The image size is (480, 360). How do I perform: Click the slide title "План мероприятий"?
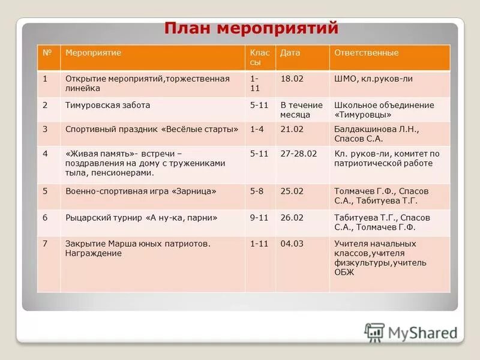pos(251,29)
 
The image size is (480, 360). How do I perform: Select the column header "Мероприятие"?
pos(93,53)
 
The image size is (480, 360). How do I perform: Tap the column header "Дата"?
pos(290,53)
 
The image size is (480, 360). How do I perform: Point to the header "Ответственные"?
pos(366,53)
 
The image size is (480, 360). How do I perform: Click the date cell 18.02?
pos(292,79)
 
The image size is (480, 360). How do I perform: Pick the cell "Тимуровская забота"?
pos(108,105)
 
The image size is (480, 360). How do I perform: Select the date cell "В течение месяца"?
pos(301,109)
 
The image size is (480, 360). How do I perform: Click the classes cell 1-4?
pos(257,129)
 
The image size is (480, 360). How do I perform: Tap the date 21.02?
pos(292,129)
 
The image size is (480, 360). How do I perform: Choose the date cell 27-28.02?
pos(298,154)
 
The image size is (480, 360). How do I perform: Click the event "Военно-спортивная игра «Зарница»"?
pos(141,191)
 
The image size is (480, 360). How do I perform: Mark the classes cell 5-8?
pos(257,191)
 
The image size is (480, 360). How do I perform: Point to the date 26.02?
pos(292,217)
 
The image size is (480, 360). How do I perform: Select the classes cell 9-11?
pos(259,217)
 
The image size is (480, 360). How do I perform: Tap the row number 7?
pos(45,244)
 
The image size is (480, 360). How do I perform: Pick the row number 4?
pos(45,154)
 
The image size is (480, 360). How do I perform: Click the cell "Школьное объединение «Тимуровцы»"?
pos(384,109)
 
